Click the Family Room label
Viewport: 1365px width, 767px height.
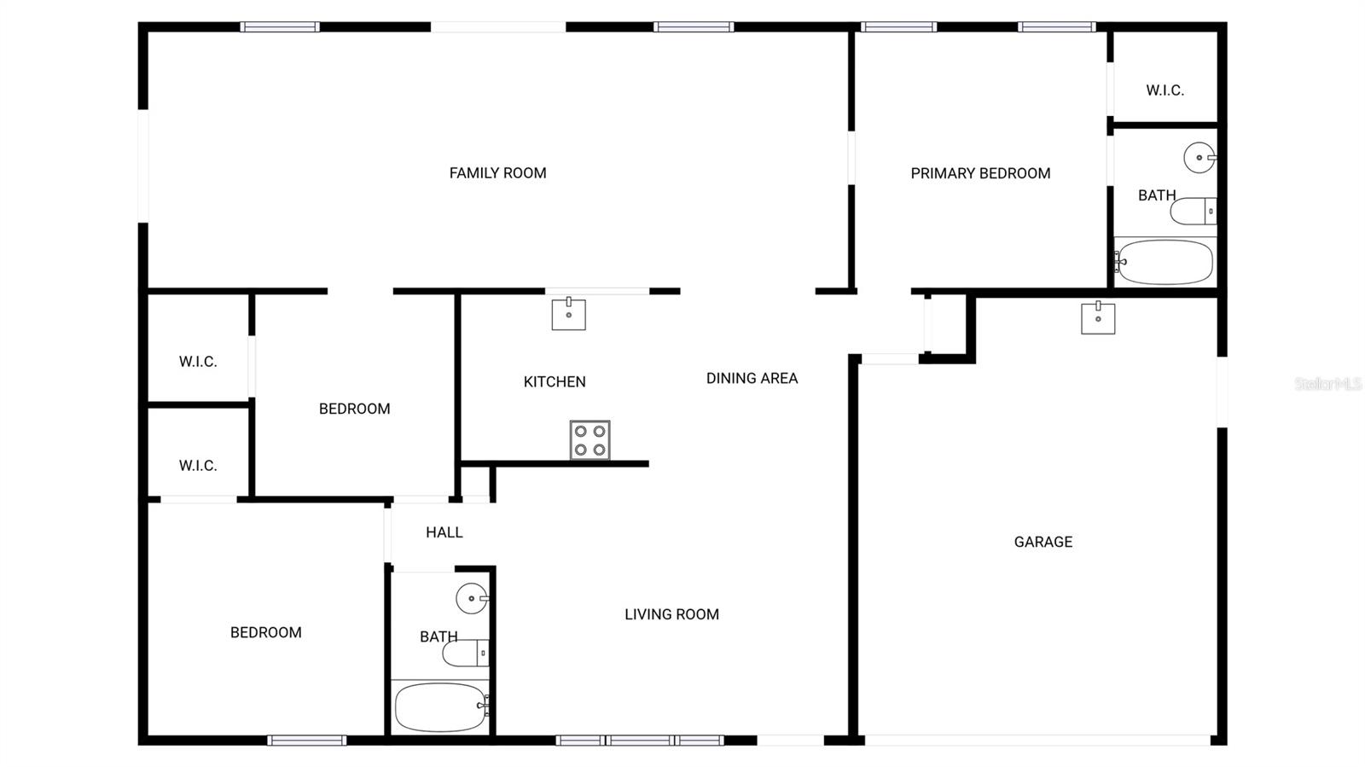pyautogui.click(x=498, y=173)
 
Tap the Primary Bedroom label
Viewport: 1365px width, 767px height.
pyautogui.click(x=980, y=174)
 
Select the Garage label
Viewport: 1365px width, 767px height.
pyautogui.click(x=1043, y=542)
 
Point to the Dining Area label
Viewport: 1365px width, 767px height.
pyautogui.click(x=752, y=378)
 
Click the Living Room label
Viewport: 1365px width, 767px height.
pyautogui.click(x=671, y=614)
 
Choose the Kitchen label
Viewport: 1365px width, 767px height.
pyautogui.click(x=555, y=382)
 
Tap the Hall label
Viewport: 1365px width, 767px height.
pyautogui.click(x=444, y=532)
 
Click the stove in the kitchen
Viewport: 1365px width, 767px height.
pyautogui.click(x=590, y=440)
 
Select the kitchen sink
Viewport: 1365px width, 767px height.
pyautogui.click(x=568, y=314)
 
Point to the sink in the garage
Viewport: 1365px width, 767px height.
pyautogui.click(x=1098, y=318)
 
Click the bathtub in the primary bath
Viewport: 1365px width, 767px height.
pyautogui.click(x=1165, y=262)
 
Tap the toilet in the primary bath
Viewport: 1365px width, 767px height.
pyautogui.click(x=1194, y=212)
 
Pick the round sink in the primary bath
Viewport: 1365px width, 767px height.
pyautogui.click(x=1199, y=158)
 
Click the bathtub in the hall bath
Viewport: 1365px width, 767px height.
pyautogui.click(x=441, y=706)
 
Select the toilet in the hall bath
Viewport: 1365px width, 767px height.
pyautogui.click(x=466, y=653)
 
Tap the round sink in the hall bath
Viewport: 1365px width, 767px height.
pyautogui.click(x=473, y=598)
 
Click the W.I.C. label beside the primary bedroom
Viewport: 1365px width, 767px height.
pyautogui.click(x=1165, y=90)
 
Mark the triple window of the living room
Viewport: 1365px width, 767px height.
pyautogui.click(x=640, y=741)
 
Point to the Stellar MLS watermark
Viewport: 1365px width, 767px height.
pyautogui.click(x=1328, y=384)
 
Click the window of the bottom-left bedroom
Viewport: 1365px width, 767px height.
pyautogui.click(x=307, y=741)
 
